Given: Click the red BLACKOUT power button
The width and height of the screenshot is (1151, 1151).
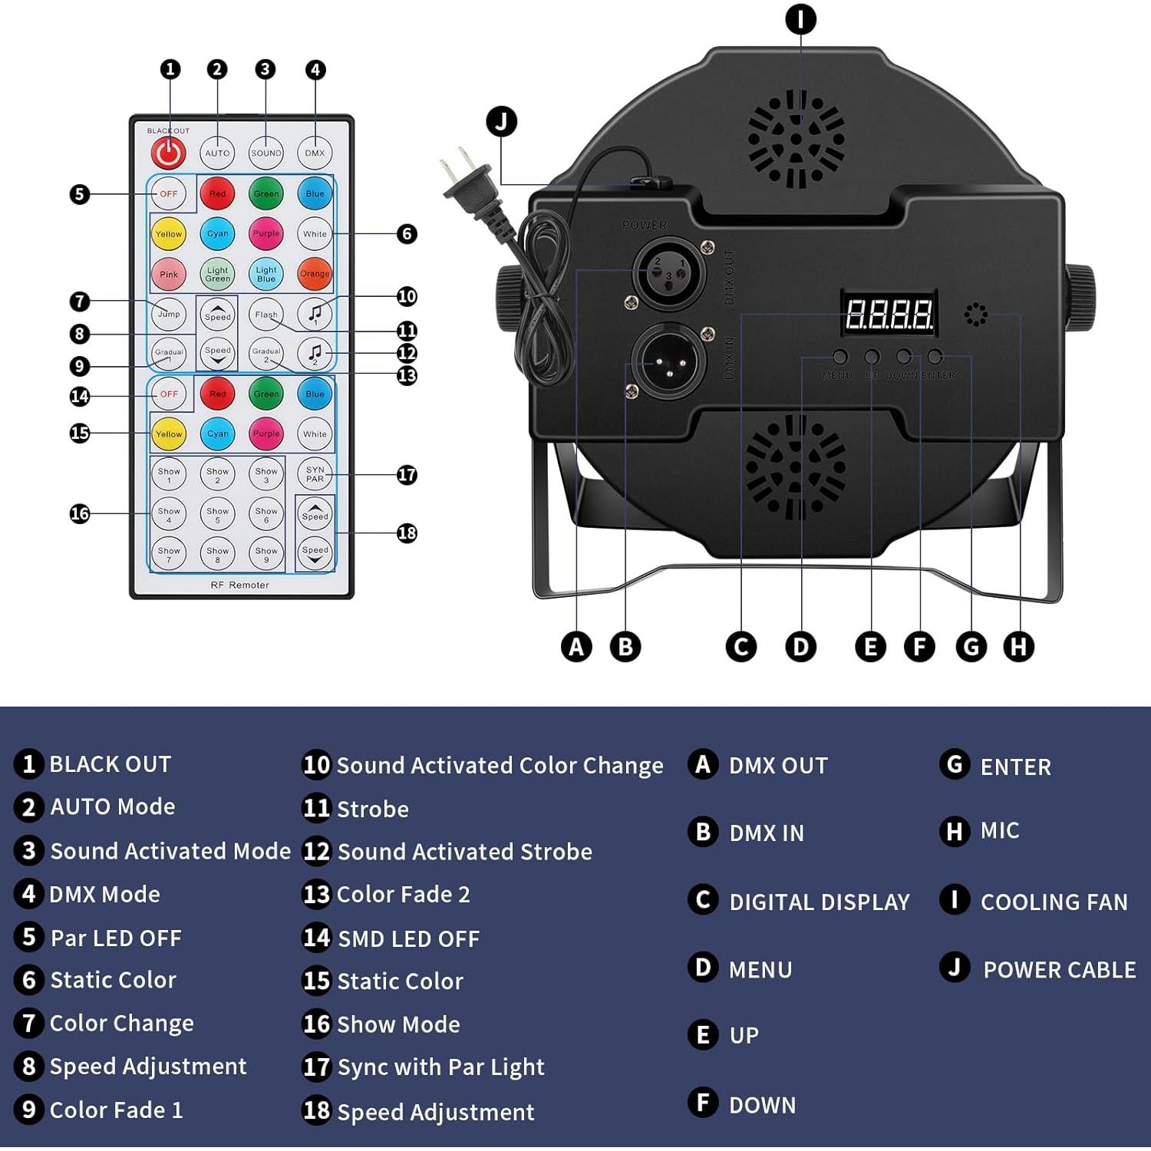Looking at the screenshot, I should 168,153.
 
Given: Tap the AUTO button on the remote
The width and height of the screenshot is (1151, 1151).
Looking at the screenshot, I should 217,153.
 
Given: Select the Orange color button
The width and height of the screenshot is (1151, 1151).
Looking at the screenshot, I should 315,274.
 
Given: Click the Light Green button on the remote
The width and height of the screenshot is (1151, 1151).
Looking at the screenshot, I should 217,274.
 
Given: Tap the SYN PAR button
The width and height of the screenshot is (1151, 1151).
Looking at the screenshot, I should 315,474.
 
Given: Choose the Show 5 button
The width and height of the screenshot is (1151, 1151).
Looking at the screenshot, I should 217,514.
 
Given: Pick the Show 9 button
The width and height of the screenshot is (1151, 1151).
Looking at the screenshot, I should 266,554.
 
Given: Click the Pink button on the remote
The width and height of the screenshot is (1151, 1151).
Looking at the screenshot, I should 169,274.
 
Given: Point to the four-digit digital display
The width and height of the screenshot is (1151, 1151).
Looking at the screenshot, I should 889,314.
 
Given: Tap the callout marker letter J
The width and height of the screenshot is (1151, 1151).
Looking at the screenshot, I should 502,121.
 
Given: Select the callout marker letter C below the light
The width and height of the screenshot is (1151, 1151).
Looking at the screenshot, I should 741,647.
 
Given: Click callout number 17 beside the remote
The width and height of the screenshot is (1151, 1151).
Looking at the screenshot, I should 407,475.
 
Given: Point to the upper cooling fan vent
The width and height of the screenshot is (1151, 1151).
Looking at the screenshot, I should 796,140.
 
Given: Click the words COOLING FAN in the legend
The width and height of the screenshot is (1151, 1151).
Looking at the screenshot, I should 1054,902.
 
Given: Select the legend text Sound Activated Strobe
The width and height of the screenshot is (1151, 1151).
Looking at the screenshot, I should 464,852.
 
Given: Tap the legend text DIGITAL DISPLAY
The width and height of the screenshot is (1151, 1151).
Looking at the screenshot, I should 819,902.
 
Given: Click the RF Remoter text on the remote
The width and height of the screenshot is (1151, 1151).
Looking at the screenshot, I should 239,585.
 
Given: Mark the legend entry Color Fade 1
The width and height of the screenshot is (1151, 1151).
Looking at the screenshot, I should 116,1110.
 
